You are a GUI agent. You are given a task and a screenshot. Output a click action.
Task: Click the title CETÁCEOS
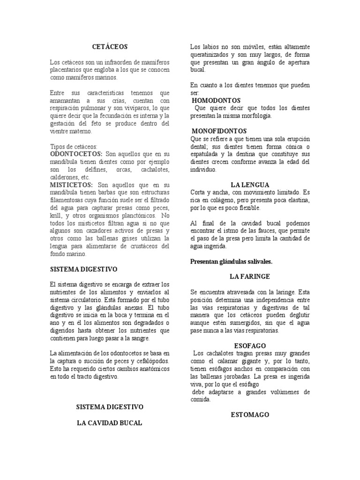click(x=110, y=47)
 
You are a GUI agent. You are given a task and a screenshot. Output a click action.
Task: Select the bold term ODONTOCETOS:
click(x=76, y=154)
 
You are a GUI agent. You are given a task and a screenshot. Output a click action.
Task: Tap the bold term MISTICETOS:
click(x=72, y=185)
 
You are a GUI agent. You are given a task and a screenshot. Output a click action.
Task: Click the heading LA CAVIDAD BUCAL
click(x=110, y=423)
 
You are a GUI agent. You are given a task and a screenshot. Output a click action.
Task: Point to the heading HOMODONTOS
click(x=216, y=100)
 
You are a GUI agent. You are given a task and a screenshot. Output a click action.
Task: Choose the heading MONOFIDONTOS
click(x=219, y=131)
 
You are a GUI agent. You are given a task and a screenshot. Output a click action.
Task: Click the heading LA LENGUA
click(x=250, y=185)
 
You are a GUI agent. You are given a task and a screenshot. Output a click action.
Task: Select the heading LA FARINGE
click(x=250, y=277)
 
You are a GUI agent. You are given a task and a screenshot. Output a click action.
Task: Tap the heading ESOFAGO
click(x=250, y=345)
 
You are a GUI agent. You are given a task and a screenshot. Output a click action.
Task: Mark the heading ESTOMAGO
click(x=250, y=415)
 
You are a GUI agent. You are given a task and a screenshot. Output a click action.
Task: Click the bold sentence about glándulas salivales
click(x=231, y=262)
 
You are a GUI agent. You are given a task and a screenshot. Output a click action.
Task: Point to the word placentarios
click(x=67, y=70)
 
